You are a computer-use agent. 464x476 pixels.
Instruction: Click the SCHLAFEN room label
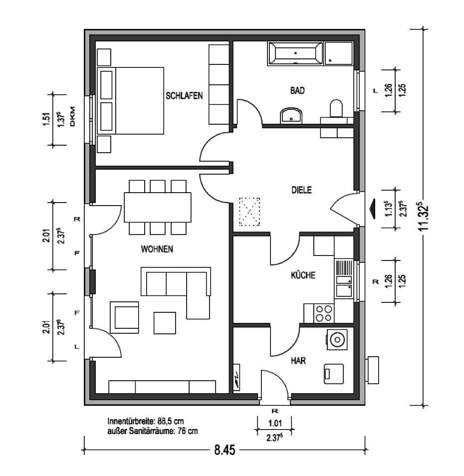click(x=184, y=96)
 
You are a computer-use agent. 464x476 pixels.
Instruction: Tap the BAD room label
click(x=297, y=90)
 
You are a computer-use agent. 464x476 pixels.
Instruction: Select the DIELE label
click(x=301, y=190)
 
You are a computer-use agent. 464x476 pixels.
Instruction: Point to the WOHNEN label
click(x=157, y=249)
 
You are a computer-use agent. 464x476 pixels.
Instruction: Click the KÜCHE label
click(x=303, y=275)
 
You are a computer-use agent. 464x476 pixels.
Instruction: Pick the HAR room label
click(x=298, y=361)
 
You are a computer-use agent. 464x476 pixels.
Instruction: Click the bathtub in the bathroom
click(x=295, y=54)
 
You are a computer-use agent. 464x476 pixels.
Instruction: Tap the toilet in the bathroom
click(x=336, y=108)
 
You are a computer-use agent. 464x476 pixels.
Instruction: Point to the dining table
click(x=158, y=208)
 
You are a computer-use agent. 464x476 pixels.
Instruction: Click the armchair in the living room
click(x=124, y=317)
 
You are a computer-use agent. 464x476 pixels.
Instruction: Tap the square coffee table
click(x=165, y=323)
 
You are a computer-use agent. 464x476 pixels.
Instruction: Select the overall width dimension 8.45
click(x=225, y=450)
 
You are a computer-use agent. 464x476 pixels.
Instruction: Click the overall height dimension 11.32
click(x=424, y=218)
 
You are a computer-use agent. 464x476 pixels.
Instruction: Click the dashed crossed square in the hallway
click(x=249, y=212)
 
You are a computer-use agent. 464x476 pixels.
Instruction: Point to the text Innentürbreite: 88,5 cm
click(x=145, y=421)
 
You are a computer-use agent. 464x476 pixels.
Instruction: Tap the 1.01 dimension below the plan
click(x=275, y=423)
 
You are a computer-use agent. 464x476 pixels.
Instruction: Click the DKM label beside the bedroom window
click(x=72, y=116)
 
